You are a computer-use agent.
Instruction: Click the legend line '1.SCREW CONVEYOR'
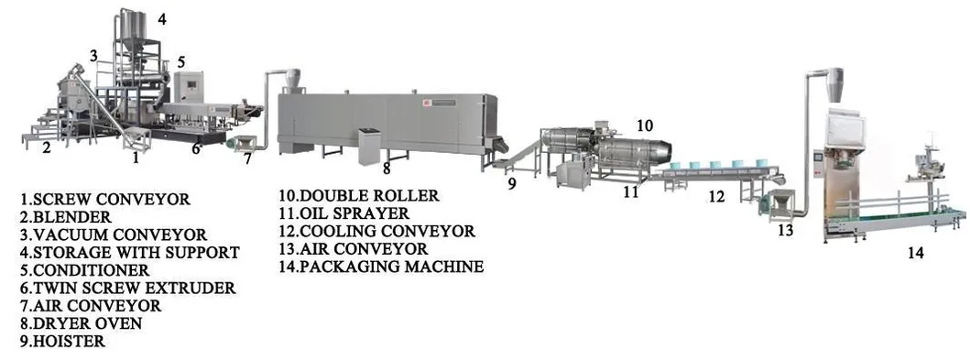(x=105, y=199)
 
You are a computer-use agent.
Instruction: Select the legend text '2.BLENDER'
(x=66, y=217)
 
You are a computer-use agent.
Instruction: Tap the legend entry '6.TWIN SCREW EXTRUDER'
(x=127, y=288)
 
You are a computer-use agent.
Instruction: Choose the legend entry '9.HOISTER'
(x=62, y=342)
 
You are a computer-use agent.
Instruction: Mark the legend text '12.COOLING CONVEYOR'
(x=376, y=231)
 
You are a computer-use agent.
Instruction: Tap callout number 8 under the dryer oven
(x=387, y=169)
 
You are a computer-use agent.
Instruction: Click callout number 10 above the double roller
(x=644, y=125)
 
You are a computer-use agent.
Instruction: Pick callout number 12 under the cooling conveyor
(x=716, y=195)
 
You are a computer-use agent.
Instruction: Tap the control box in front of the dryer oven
(x=369, y=145)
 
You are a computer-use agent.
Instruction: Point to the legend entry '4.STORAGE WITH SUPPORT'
(x=130, y=252)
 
